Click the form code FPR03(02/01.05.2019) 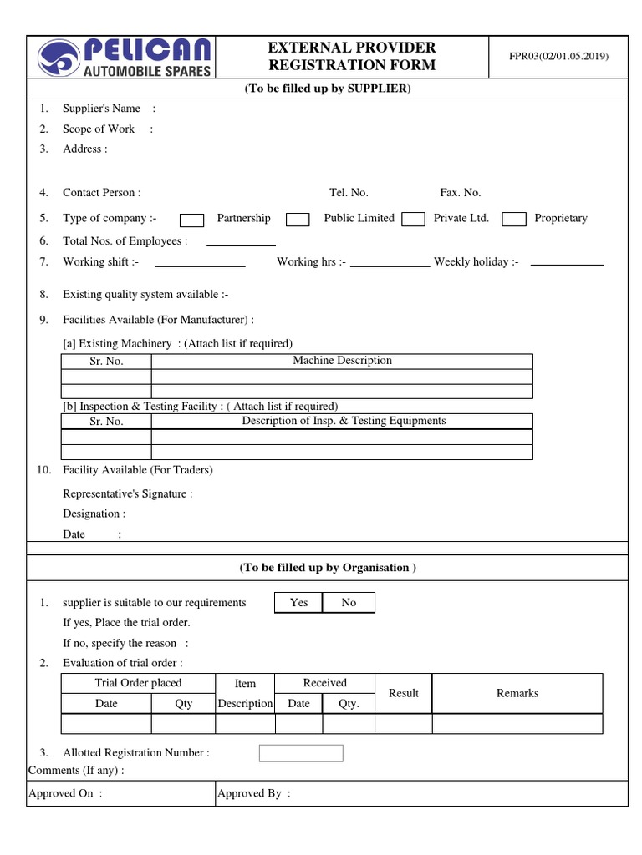[559, 57]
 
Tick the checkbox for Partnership [192, 220]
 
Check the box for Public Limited [298, 220]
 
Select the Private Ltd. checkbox [413, 220]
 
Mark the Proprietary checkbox [514, 220]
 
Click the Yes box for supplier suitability [298, 602]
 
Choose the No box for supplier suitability [349, 602]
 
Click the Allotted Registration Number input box [301, 753]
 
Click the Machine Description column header [342, 361]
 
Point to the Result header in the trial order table [404, 693]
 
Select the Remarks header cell [517, 693]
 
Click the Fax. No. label [461, 193]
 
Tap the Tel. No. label [349, 193]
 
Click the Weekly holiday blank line [567, 263]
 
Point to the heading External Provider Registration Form [351, 57]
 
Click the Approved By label [253, 793]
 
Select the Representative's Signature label [127, 493]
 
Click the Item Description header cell [245, 693]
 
